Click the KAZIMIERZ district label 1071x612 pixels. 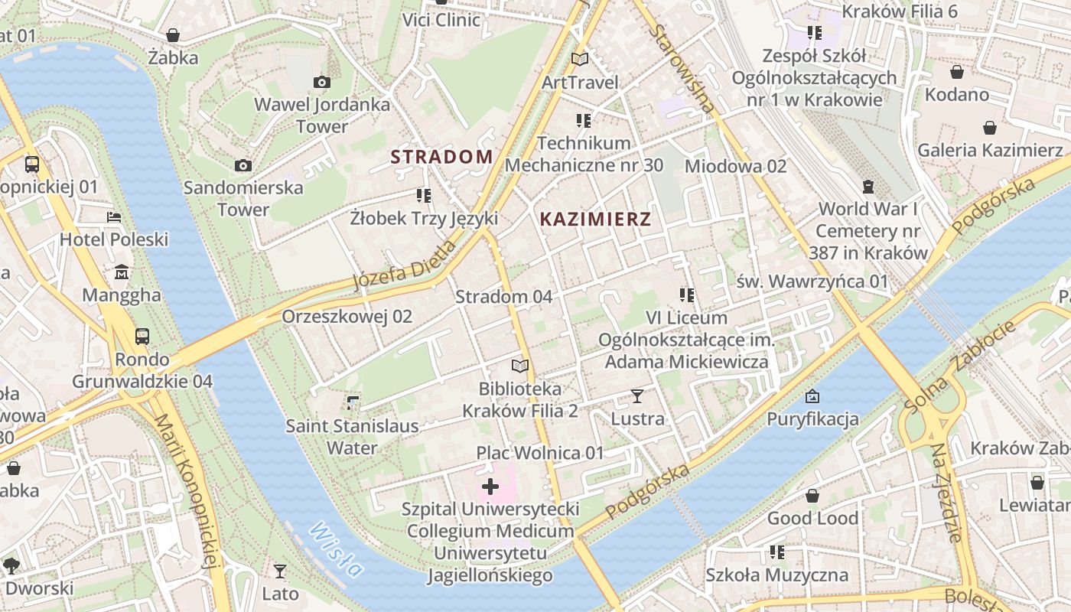pos(595,220)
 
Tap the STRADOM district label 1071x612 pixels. pos(441,157)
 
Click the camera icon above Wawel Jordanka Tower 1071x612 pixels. pos(322,82)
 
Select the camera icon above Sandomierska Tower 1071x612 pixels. pos(243,165)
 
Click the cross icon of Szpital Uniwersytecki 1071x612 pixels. pos(490,487)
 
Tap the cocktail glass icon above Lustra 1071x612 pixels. pos(636,396)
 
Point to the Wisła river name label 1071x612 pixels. pos(337,549)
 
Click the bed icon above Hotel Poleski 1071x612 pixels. pos(114,217)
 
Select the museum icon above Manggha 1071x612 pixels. pos(122,272)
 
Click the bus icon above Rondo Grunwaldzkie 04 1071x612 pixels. pos(142,337)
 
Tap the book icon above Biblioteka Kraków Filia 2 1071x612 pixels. pos(520,366)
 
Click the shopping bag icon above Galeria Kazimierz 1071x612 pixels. pos(990,128)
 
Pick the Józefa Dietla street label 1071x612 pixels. pos(405,265)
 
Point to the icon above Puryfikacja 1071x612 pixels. pos(812,396)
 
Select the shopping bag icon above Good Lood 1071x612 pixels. pos(812,496)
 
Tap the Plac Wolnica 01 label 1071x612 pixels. pos(540,453)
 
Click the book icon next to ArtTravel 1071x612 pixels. pos(581,59)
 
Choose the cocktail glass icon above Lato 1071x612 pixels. pos(280,571)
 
